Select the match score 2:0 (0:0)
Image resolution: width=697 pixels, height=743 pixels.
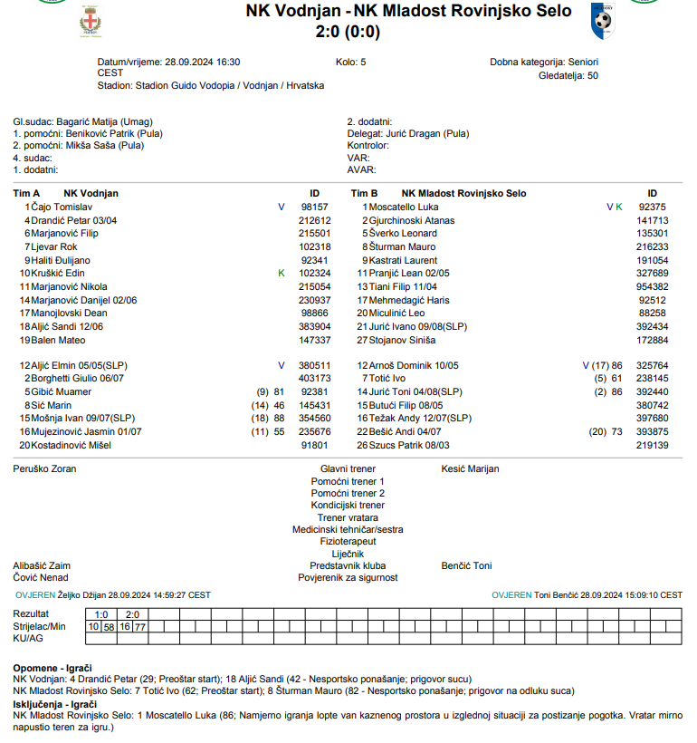tap(348, 33)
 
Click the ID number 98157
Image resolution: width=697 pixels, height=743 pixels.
tap(314, 207)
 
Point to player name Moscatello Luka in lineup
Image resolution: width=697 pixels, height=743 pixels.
tap(405, 207)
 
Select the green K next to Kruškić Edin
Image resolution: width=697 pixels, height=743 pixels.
tap(282, 274)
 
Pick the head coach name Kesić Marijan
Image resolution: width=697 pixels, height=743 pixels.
tap(470, 469)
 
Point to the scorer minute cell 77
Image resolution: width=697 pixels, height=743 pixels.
tap(140, 627)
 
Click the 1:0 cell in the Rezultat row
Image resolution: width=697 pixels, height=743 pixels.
tap(102, 614)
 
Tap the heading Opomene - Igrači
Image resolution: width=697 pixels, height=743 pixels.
tap(53, 668)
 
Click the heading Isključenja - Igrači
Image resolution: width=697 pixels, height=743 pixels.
tap(55, 704)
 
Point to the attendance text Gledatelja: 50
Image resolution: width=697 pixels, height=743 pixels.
tap(568, 75)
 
